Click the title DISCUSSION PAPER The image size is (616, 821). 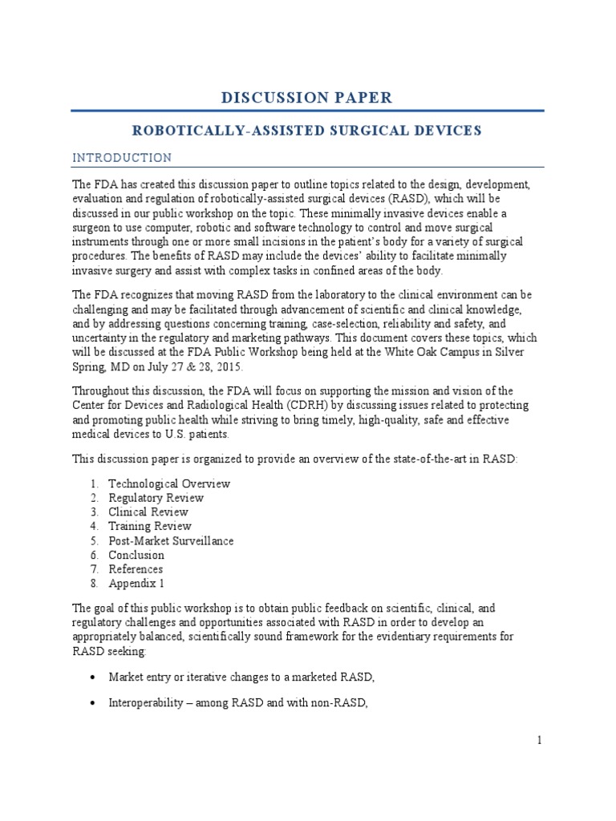(x=307, y=98)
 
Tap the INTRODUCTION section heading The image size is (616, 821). (x=121, y=157)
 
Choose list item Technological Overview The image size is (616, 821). (x=169, y=483)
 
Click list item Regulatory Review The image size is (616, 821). (x=156, y=498)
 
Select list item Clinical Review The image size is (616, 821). (x=148, y=512)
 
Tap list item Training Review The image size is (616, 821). (x=150, y=527)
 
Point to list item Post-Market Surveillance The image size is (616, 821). (x=171, y=541)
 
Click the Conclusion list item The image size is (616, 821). (x=136, y=556)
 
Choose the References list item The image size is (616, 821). (x=136, y=570)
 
